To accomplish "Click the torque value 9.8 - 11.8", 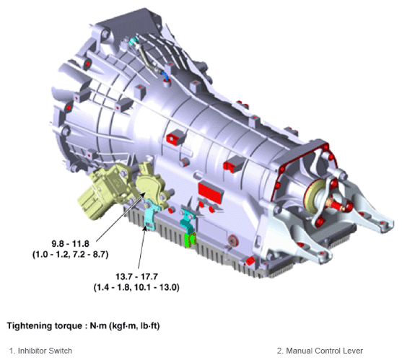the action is click(71, 243).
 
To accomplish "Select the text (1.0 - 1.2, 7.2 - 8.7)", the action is click(71, 255).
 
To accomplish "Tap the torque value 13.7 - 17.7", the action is click(136, 277).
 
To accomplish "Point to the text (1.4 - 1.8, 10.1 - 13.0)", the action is click(136, 287).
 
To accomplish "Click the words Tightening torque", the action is click(43, 326).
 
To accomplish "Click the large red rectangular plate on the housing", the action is click(210, 192).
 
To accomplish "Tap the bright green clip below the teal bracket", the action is click(190, 240).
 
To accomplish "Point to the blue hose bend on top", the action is click(165, 76).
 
